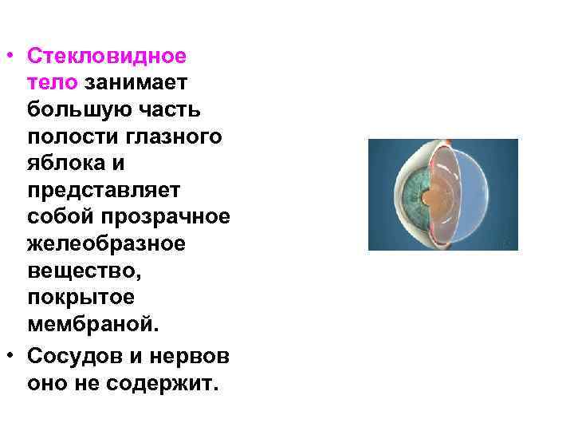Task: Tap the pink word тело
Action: point(52,82)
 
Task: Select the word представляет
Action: point(104,191)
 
